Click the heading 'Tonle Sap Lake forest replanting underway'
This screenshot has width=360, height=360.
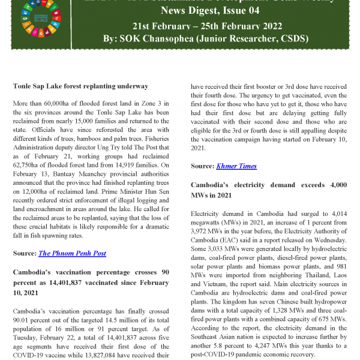click(x=80, y=86)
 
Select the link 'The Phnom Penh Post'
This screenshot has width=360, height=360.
click(x=72, y=253)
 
